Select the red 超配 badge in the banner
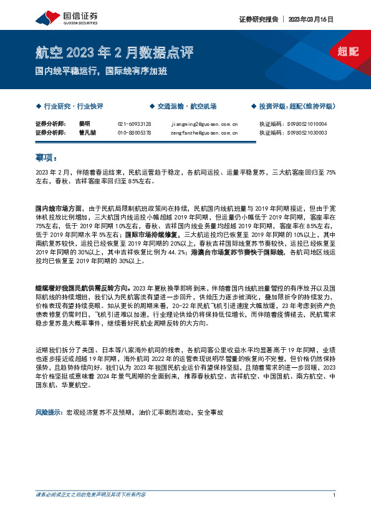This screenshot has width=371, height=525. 347,52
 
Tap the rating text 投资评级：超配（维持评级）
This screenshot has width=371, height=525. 299,107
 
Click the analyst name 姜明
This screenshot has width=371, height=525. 85,123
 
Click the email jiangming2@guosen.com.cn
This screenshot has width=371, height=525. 204,123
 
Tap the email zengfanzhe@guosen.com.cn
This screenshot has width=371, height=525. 204,132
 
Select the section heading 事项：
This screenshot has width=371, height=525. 46,157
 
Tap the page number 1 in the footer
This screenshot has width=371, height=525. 335,513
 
